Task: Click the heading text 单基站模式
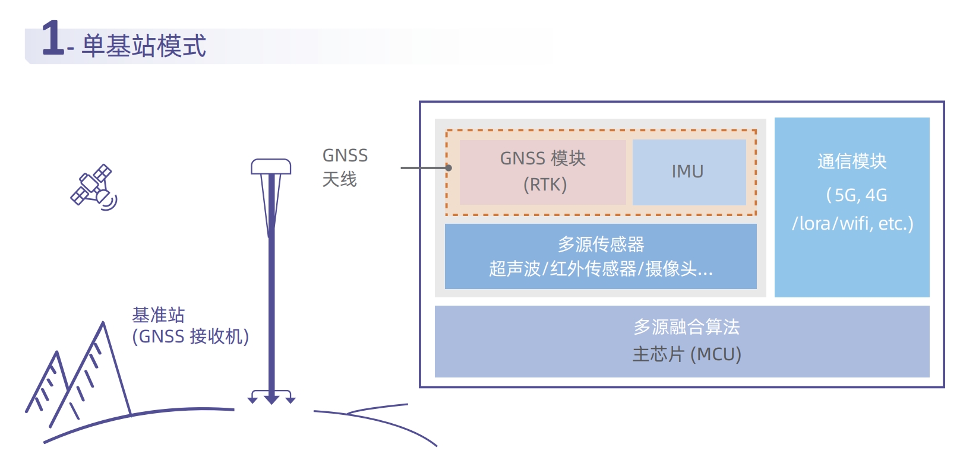click(144, 46)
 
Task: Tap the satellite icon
click(93, 186)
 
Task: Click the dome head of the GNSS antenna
click(271, 166)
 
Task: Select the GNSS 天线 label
click(344, 167)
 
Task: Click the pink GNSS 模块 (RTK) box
click(542, 172)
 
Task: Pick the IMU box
click(689, 172)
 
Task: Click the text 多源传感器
click(601, 244)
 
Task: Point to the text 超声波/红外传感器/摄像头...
click(601, 269)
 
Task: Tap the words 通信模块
click(852, 161)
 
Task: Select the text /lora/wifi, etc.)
click(852, 224)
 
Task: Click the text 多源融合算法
click(686, 326)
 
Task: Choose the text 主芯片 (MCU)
click(686, 354)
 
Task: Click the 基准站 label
click(158, 315)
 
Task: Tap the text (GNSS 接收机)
click(190, 337)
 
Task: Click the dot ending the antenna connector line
click(449, 168)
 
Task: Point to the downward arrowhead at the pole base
click(271, 400)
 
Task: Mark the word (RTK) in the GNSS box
click(545, 185)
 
